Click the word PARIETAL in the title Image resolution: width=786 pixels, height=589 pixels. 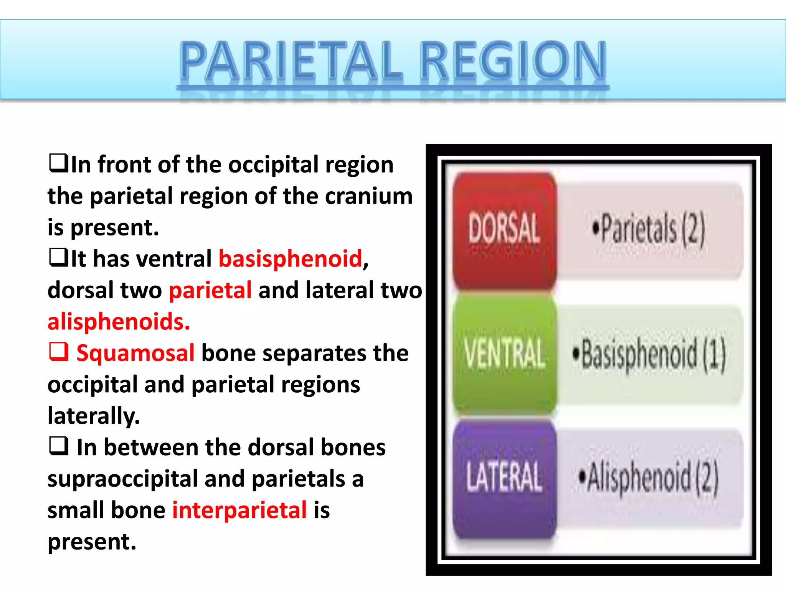(292, 61)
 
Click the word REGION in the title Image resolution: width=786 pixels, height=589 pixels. (514, 61)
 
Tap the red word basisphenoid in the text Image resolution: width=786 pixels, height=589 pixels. (290, 258)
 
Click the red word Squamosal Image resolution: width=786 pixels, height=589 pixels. (135, 353)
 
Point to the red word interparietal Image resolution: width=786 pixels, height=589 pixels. (239, 510)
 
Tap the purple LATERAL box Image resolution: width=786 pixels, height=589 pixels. (504, 477)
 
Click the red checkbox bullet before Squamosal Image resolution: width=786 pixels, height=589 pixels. (59, 352)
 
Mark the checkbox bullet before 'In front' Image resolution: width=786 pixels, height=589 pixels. (59, 163)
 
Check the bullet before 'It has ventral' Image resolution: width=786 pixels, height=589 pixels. (59, 257)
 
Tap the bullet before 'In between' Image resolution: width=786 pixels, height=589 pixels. (59, 446)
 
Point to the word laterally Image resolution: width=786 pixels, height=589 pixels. (94, 416)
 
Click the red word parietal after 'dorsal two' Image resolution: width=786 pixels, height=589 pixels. (210, 290)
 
